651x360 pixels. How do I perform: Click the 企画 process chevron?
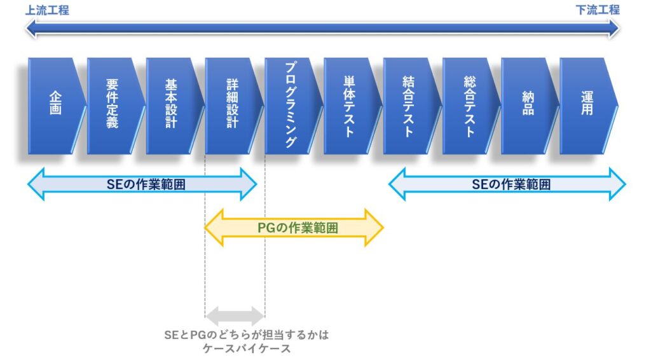56,106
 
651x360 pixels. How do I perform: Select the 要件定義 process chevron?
116,106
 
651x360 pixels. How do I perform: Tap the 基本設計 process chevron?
174,106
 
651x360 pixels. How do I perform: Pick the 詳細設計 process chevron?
233,106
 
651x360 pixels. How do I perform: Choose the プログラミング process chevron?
293,106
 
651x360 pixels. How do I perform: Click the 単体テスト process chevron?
352,106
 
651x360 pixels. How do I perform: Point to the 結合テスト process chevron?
411,106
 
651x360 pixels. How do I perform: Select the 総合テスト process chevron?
470,106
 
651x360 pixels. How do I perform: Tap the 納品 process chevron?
530,106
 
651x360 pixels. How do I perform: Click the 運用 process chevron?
588,106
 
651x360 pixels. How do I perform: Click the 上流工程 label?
47,10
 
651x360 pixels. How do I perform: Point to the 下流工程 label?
598,10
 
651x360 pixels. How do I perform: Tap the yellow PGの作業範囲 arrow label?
298,228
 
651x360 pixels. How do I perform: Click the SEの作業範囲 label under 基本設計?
146,184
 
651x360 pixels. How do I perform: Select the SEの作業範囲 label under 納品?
511,184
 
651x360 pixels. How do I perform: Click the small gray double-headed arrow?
235,316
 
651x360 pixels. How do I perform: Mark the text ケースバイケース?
247,349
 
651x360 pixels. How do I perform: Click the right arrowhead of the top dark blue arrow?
613,29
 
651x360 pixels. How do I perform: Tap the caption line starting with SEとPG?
246,335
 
